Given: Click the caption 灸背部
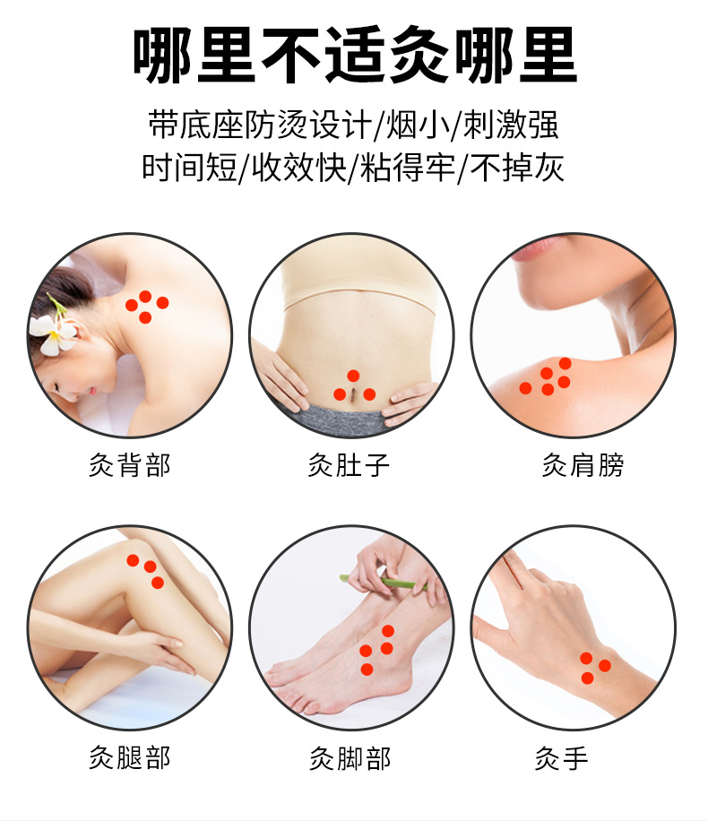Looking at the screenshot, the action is (130, 465).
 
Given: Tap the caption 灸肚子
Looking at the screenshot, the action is (349, 465).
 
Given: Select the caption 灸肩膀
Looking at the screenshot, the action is (583, 465).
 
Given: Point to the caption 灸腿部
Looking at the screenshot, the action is (130, 757).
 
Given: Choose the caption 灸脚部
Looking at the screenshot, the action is (350, 758).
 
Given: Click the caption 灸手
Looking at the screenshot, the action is (561, 758).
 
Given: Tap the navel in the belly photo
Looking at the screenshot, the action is (355, 393).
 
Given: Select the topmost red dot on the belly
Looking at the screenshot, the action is (353, 376).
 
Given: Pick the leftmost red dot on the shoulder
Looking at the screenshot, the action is (525, 388).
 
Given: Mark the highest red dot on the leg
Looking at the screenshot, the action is (133, 560).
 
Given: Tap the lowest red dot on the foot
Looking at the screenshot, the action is (367, 670).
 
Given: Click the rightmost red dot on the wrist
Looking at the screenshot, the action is (605, 665).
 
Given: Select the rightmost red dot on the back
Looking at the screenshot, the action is (163, 303).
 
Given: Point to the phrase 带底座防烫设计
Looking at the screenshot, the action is (260, 125).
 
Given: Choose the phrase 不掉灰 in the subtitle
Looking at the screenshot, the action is (517, 168).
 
